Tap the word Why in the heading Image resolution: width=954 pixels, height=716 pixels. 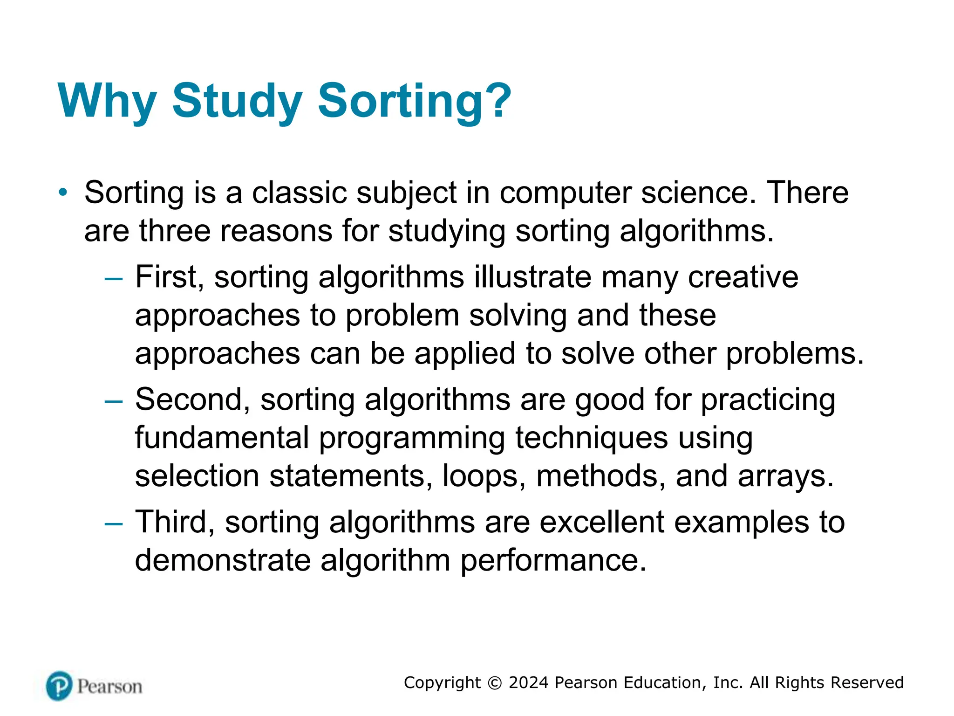tap(107, 101)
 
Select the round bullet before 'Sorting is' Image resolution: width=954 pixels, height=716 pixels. tap(63, 192)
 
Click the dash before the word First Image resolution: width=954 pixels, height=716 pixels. tap(114, 279)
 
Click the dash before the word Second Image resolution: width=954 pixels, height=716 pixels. tap(114, 401)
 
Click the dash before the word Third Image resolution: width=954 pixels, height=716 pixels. tap(114, 523)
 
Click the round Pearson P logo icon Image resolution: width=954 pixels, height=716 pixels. tap(59, 686)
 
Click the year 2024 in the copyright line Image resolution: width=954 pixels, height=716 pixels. tap(528, 682)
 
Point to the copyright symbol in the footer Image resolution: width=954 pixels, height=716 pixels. tap(495, 683)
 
